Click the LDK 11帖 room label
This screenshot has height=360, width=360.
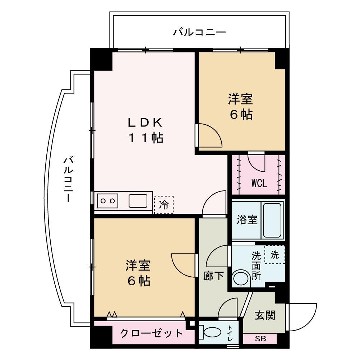[x=143, y=130]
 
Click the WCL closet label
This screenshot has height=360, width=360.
[x=258, y=183]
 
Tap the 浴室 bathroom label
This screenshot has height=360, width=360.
[x=246, y=218]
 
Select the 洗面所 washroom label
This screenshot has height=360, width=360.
[x=257, y=265]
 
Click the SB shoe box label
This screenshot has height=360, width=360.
[x=260, y=340]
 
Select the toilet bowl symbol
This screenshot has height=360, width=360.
[x=211, y=332]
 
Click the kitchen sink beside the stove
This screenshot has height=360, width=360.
[x=135, y=199]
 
